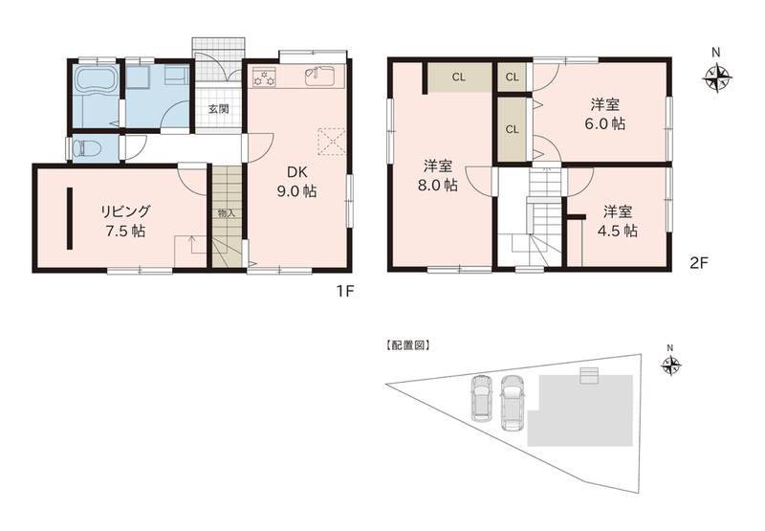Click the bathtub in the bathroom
tap(96, 79)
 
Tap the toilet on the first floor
tap(85, 147)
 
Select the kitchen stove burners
tap(265, 77)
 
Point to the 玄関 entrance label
tap(219, 109)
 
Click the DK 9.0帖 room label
tap(296, 182)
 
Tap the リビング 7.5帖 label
tap(125, 221)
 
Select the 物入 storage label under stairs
tap(227, 213)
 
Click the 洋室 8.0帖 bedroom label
tap(440, 176)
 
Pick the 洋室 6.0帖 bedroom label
tap(605, 114)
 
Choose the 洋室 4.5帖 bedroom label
tap(618, 221)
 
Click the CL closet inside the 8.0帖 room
tap(459, 77)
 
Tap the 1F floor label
tap(344, 292)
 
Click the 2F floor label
tap(698, 263)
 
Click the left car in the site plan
tap(481, 397)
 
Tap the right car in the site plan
tap(512, 403)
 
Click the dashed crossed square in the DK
tap(332, 142)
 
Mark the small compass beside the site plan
tap(671, 365)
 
